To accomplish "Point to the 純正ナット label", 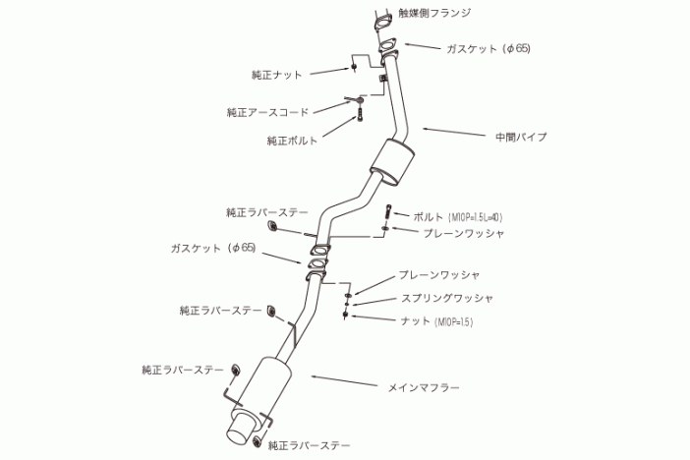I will [276, 74].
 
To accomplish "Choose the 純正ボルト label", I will [292, 141].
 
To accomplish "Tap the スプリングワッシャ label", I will [447, 297].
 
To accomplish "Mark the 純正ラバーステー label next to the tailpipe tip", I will [308, 445].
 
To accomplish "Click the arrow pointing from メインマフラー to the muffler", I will [339, 382].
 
